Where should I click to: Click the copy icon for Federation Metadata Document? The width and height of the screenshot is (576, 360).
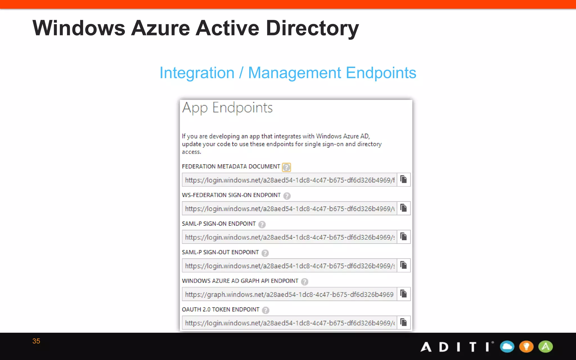click(x=404, y=179)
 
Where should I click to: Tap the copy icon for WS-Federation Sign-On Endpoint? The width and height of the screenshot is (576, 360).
click(x=404, y=208)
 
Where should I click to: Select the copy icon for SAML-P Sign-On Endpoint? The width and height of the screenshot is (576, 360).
click(x=404, y=237)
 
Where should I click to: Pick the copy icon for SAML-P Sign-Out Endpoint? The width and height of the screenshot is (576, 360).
click(x=404, y=265)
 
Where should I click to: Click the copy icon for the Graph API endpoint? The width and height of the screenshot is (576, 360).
click(x=404, y=294)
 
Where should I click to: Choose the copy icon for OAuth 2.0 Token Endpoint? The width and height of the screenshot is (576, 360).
click(x=404, y=323)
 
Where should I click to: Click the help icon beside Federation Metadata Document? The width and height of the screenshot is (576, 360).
click(x=286, y=167)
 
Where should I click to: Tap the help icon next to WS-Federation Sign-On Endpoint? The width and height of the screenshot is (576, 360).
click(x=287, y=196)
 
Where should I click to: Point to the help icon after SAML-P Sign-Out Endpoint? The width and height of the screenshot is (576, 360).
click(x=265, y=253)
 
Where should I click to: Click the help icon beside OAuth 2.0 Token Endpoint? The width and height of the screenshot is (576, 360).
click(x=265, y=310)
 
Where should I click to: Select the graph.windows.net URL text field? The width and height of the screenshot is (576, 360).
click(x=289, y=294)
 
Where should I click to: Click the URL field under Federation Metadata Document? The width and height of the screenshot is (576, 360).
click(x=289, y=180)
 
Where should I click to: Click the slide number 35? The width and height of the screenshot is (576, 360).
click(x=36, y=341)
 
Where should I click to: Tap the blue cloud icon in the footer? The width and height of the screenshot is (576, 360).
click(x=507, y=346)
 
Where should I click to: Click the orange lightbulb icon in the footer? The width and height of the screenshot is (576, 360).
click(x=526, y=346)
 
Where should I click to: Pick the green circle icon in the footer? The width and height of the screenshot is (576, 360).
click(x=546, y=346)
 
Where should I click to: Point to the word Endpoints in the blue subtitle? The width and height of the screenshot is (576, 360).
click(x=381, y=73)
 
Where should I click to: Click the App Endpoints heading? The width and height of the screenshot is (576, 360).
click(x=227, y=108)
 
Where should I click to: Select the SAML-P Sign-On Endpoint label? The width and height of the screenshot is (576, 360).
click(x=219, y=224)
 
